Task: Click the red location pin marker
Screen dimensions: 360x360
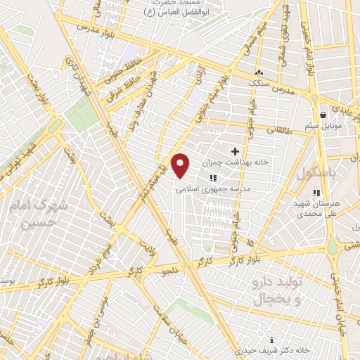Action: pyautogui.click(x=181, y=165)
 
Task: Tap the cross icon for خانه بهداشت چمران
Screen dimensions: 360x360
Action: pyautogui.click(x=235, y=151)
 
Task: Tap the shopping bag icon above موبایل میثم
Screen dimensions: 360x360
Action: pyautogui.click(x=323, y=115)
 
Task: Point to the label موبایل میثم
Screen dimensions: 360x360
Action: pyautogui.click(x=323, y=126)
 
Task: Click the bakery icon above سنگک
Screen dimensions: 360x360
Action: pyautogui.click(x=259, y=72)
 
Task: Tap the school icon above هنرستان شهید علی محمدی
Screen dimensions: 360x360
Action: pyautogui.click(x=317, y=192)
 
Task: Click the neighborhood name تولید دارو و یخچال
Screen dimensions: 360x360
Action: pyautogui.click(x=276, y=290)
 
